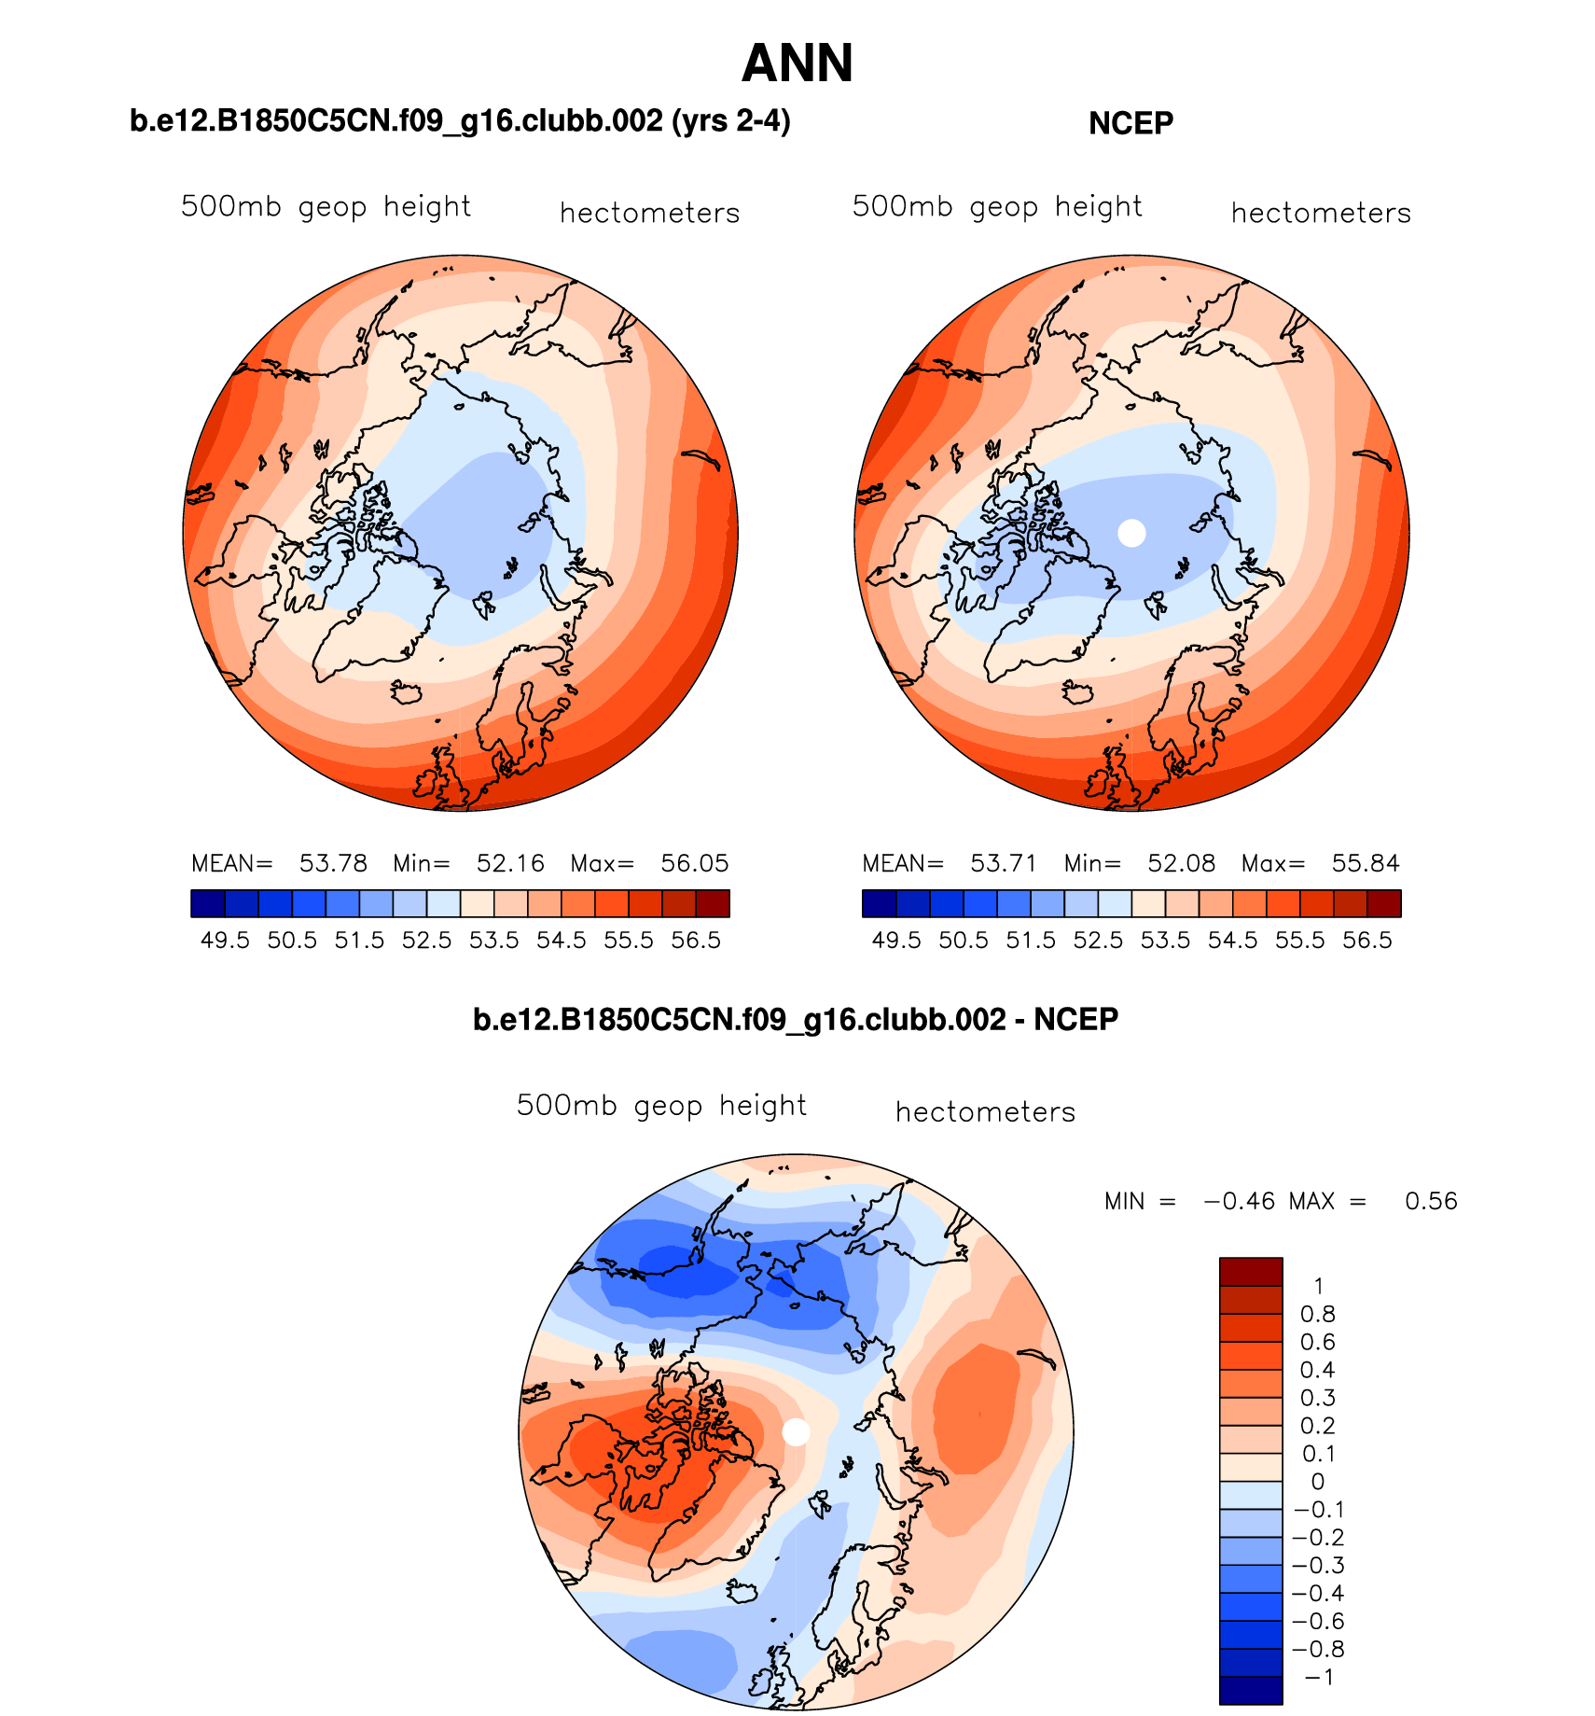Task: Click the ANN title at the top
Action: tap(797, 63)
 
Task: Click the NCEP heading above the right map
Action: tap(1130, 123)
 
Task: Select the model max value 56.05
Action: tap(694, 863)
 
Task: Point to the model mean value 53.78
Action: tap(333, 863)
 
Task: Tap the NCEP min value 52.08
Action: tap(1181, 863)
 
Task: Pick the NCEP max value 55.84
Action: tap(1366, 863)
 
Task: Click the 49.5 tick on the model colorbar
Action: tap(226, 941)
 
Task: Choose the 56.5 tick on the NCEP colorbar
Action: tap(1367, 941)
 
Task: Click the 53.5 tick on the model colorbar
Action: tap(494, 941)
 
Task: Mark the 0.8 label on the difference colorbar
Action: tap(1317, 1314)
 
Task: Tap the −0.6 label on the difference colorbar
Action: tap(1317, 1621)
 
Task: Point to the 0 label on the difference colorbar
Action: tap(1317, 1482)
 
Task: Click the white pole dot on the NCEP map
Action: tap(1131, 533)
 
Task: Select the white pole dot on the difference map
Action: tap(796, 1431)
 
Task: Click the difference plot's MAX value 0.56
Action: tap(1431, 1201)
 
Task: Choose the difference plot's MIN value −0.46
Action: tap(1240, 1201)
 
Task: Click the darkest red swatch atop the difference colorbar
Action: tap(1251, 1271)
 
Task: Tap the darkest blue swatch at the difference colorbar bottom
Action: tap(1251, 1690)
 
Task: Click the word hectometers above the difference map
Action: tap(985, 1112)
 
